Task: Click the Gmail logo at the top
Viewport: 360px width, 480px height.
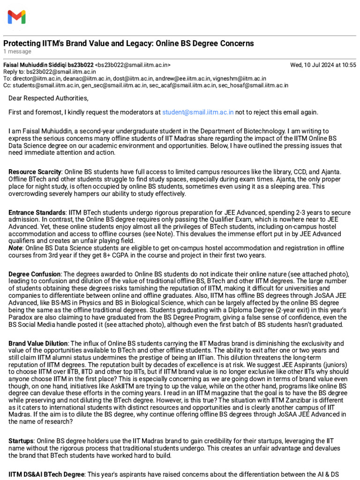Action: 16,17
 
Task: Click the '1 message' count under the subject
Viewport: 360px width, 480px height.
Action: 17,52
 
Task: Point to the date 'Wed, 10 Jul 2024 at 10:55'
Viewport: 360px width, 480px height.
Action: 323,65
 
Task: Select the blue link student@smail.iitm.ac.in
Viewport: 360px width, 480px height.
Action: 197,112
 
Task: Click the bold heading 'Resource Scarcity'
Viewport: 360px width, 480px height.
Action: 35,172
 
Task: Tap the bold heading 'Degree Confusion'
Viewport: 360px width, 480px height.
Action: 35,274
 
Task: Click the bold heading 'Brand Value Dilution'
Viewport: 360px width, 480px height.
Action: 38,343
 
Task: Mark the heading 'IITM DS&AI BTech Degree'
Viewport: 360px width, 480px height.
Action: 45,474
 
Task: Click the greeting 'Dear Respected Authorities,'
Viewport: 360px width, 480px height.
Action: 48,98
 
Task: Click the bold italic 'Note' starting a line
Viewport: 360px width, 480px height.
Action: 15,249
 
